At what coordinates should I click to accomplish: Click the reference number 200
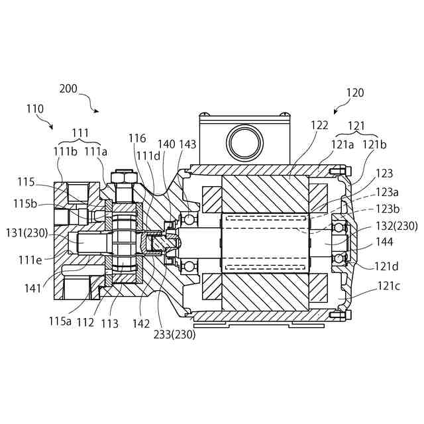click(68, 88)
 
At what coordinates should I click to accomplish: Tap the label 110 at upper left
click(35, 109)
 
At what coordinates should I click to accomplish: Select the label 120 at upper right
click(355, 93)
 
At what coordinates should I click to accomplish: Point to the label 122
click(319, 125)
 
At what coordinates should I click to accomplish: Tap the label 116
click(137, 138)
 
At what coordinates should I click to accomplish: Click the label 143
click(187, 144)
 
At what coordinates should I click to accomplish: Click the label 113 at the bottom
click(110, 324)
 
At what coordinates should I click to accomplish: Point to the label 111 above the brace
click(79, 132)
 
